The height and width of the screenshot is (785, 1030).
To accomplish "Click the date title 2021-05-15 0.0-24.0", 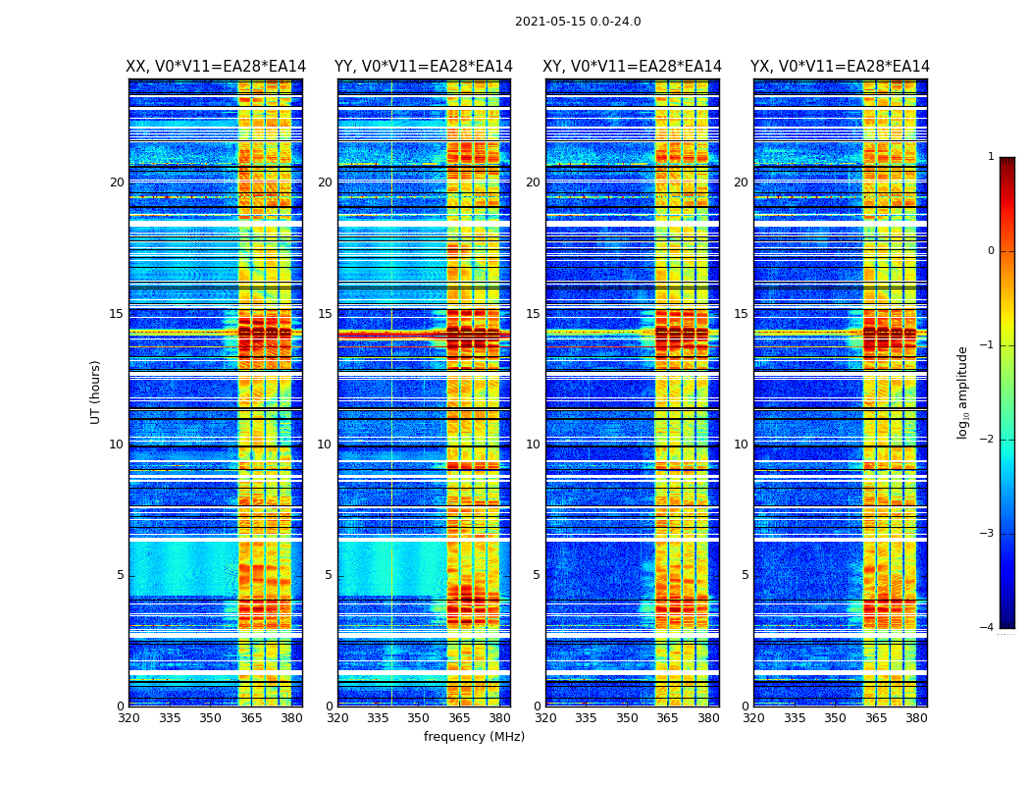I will [578, 22].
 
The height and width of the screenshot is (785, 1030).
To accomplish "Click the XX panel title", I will [216, 67].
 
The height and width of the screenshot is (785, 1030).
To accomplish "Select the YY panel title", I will [424, 67].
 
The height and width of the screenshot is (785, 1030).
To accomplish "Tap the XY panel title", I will [633, 67].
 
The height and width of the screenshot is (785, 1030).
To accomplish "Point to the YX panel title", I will [840, 67].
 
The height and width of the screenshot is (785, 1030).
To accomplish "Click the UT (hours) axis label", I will [96, 392].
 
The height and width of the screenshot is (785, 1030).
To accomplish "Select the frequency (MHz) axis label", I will [474, 737].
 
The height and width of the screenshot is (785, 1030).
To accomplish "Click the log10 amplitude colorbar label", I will [963, 392].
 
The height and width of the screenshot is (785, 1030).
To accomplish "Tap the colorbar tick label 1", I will [991, 157].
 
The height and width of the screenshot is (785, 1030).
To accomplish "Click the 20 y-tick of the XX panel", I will [117, 183].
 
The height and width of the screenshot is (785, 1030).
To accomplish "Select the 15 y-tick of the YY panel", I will [325, 314].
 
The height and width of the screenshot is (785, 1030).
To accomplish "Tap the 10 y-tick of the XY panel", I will [533, 445].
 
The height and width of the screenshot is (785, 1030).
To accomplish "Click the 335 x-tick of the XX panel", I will [170, 718].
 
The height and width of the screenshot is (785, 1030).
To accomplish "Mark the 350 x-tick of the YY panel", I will [419, 718].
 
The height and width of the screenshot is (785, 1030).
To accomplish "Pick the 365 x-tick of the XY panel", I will [667, 718].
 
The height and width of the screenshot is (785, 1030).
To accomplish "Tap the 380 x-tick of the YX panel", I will [916, 718].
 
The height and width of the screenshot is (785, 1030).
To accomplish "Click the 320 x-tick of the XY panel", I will [546, 718].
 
